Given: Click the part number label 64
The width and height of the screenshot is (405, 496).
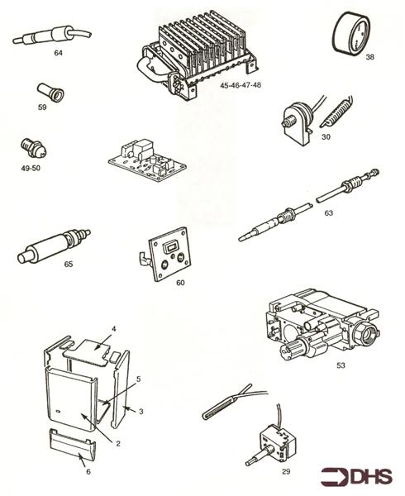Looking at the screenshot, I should [x=58, y=53].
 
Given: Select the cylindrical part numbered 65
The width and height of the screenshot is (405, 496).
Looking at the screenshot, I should [x=49, y=250].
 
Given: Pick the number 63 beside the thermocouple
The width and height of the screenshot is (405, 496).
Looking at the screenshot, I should [x=328, y=213].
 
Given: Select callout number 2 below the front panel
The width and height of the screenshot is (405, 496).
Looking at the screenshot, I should [x=117, y=443].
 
